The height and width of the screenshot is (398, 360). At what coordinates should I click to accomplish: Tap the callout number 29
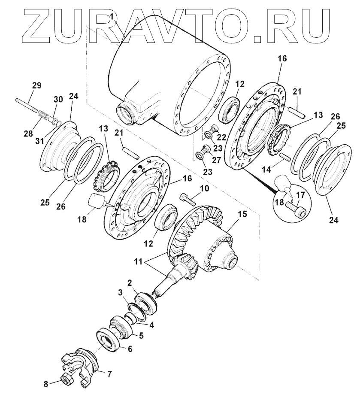point(36,85)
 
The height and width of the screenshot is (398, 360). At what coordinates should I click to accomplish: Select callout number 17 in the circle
point(301,194)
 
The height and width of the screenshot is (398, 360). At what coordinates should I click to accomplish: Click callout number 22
point(222,138)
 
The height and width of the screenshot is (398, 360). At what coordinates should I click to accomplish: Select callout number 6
point(130,349)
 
